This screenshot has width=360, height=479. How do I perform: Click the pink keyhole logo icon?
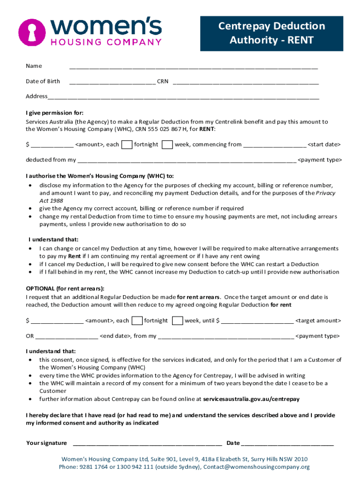tap(32, 32)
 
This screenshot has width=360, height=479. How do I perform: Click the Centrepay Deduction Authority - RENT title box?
tap(271, 33)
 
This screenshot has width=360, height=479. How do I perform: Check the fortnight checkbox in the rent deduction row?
tap(126, 145)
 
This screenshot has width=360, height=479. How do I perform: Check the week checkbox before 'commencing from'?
tap(167, 145)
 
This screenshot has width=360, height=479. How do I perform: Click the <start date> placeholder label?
tap(324, 145)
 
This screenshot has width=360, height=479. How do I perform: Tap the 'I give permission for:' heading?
tap(55, 113)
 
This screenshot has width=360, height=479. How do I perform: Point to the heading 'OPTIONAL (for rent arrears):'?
tap(65, 289)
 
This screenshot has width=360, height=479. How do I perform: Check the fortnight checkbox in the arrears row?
tap(137, 321)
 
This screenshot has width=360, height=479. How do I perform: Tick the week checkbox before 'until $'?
tap(177, 321)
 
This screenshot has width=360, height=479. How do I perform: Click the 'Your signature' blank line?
tap(147, 443)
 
